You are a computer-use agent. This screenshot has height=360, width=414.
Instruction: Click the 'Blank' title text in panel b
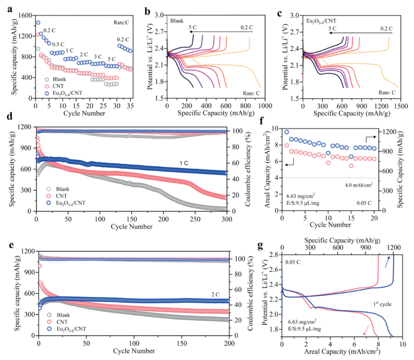(x=177, y=21)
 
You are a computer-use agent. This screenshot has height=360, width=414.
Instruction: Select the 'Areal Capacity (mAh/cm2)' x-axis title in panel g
(x=342, y=350)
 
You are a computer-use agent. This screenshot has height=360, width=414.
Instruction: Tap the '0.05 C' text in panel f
(x=367, y=201)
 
